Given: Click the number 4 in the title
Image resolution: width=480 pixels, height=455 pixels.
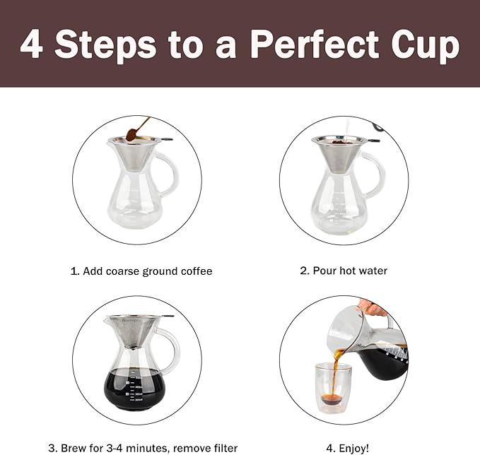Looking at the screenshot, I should click(33, 45).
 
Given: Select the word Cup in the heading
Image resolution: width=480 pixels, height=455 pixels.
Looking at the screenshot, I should click(427, 45).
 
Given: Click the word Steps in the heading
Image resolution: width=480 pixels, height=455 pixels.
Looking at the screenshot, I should click(106, 45).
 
